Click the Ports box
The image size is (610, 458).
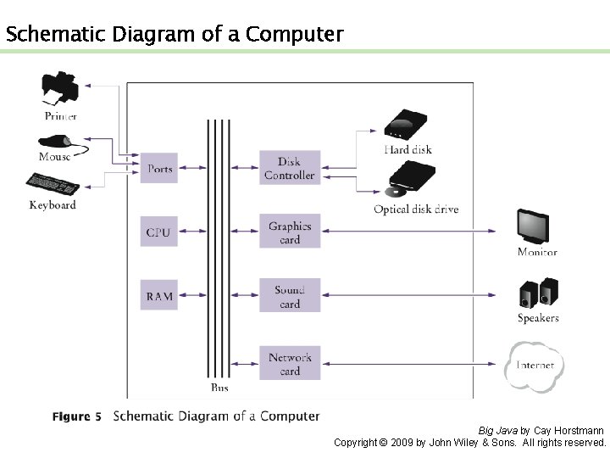click(159, 168)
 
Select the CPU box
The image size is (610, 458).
click(158, 232)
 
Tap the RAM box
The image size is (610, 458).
click(158, 295)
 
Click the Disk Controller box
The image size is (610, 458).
click(290, 168)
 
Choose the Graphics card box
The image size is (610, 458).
click(290, 232)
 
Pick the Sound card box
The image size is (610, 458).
click(290, 296)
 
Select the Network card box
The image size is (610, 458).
click(290, 363)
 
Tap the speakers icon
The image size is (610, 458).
click(538, 293)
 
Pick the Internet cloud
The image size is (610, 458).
click(535, 366)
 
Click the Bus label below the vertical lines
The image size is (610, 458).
click(219, 388)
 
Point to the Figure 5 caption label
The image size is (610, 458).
click(76, 416)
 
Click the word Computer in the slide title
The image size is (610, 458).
click(302, 35)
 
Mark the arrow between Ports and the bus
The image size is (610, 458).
click(192, 168)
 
